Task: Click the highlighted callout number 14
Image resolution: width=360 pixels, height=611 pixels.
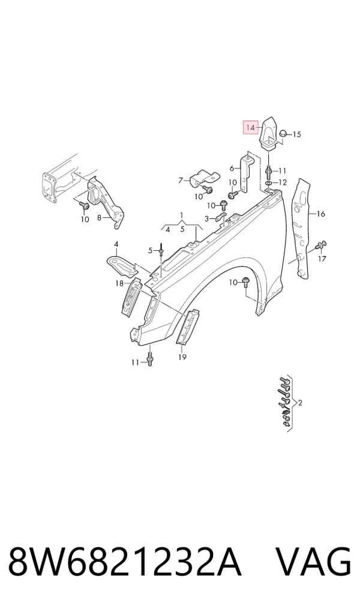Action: [250, 127]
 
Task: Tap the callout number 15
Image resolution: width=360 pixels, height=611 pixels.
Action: [296, 134]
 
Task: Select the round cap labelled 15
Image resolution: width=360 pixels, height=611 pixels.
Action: [283, 133]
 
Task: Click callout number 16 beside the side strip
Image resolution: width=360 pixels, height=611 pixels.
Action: [320, 214]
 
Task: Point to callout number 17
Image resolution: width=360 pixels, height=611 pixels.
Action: [322, 258]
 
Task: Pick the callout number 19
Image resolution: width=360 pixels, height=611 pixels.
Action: [182, 357]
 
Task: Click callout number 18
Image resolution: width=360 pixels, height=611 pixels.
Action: [119, 283]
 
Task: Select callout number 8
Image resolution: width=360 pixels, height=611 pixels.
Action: [99, 218]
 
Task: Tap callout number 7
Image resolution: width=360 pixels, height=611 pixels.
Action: [181, 181]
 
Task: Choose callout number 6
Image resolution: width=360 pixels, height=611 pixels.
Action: [232, 168]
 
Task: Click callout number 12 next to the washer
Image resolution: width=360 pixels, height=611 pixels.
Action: [282, 182]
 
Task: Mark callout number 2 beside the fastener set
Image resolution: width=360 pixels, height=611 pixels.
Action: [299, 403]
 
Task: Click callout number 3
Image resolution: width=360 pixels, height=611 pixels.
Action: [207, 218]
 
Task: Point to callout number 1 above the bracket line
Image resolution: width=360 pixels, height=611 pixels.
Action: [182, 215]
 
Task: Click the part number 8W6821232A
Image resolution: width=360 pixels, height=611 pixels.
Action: [125, 562]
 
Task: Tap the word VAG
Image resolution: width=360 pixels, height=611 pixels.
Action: [314, 562]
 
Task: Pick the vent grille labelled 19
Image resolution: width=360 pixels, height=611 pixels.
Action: [188, 327]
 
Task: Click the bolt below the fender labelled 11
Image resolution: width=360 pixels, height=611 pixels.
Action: [149, 359]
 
